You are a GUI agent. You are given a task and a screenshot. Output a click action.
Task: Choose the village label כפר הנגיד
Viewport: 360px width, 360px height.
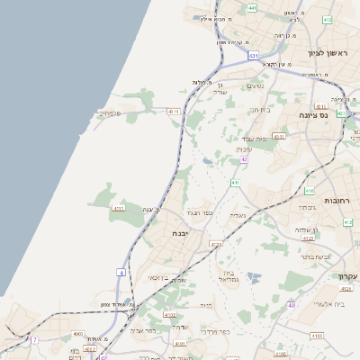tap(199, 213)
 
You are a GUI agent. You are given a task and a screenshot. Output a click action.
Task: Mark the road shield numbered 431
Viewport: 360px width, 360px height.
tap(255, 56)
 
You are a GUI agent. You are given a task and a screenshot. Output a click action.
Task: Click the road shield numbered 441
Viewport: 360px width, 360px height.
tap(252, 8)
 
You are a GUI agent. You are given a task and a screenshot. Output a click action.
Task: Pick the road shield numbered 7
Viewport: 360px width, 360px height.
tap(34, 339)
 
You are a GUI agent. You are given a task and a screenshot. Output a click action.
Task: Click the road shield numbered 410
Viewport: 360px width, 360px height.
tap(310, 191)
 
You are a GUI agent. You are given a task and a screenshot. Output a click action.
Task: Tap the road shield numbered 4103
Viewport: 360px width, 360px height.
tap(170, 314)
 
